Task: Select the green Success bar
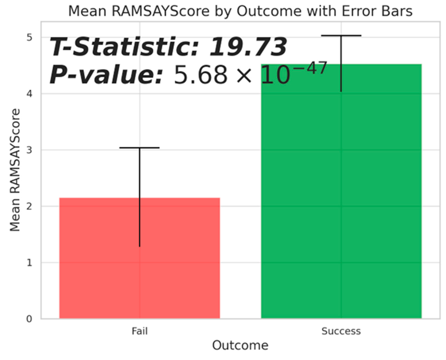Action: tap(341, 191)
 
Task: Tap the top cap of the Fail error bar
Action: tap(140, 148)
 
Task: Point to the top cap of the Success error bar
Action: tap(341, 36)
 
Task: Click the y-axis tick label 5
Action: tap(29, 38)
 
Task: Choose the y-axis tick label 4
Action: tap(29, 94)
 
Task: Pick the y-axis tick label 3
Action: tap(29, 150)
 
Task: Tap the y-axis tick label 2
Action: tap(29, 206)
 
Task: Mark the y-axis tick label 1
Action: tap(29, 262)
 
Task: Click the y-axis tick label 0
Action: tap(29, 319)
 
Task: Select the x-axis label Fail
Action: tap(140, 331)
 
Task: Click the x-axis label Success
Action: tap(341, 331)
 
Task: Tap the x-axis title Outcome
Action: tap(240, 345)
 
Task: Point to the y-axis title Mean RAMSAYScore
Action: tap(15, 170)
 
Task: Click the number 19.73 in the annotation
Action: tap(248, 47)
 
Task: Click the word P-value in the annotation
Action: tap(106, 74)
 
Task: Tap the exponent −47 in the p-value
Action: tap(310, 68)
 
